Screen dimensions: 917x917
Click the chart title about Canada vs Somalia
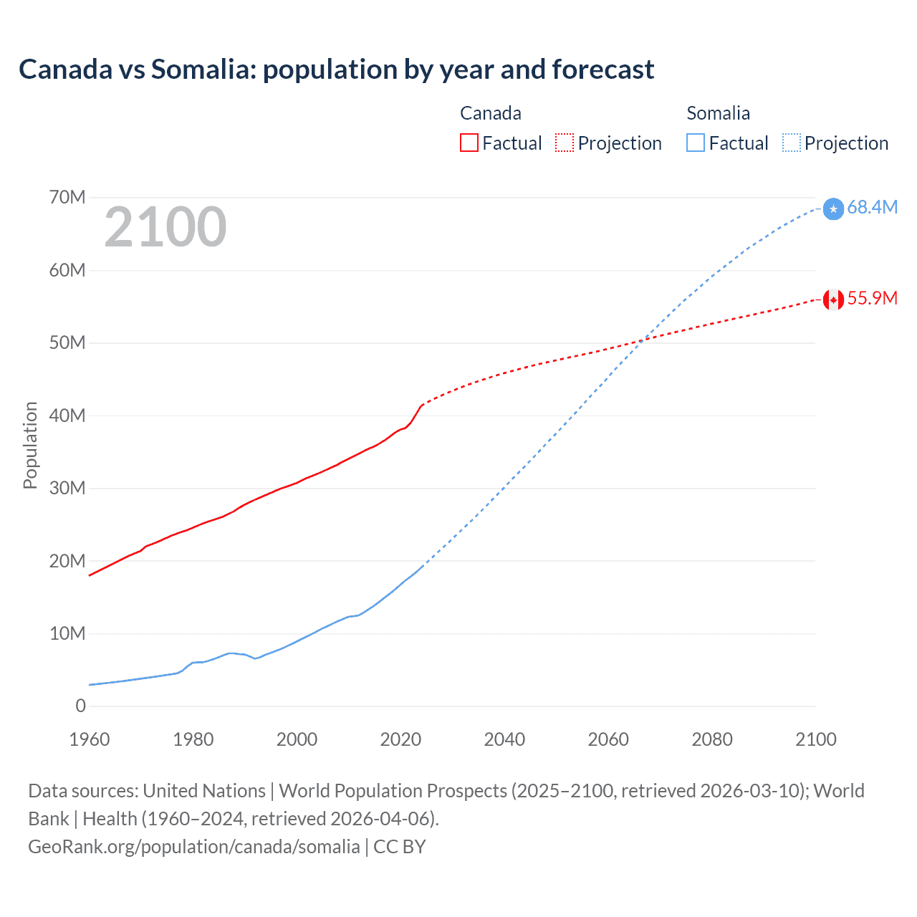click(x=336, y=69)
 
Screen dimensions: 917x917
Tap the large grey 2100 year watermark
click(x=165, y=227)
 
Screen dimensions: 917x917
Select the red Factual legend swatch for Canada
click(x=469, y=143)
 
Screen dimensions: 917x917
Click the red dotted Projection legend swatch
click(x=565, y=143)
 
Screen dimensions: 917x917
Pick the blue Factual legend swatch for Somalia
click(x=696, y=143)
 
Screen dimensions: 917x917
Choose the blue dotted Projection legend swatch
click(x=792, y=143)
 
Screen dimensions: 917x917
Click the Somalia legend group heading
click(x=718, y=113)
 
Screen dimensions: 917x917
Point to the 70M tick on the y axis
click(x=67, y=197)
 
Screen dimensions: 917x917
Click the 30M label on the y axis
click(x=67, y=488)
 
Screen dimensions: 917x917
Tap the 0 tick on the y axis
click(x=80, y=706)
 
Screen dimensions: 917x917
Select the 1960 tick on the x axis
click(x=90, y=739)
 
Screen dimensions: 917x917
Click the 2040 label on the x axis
click(x=504, y=739)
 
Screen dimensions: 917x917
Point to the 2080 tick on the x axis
click(x=712, y=739)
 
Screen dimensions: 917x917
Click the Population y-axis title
click(x=30, y=445)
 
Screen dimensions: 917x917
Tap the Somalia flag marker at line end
click(x=833, y=208)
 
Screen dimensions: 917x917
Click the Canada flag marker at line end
click(x=833, y=299)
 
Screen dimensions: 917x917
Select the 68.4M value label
click(x=872, y=207)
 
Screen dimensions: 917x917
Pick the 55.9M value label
click(x=872, y=299)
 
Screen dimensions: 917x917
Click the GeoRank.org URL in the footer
click(x=193, y=847)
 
